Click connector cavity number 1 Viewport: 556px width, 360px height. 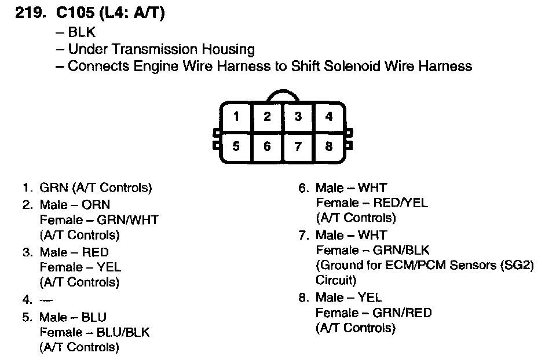(x=236, y=117)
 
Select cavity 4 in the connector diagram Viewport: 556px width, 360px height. (x=329, y=117)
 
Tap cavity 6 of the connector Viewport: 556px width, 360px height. (x=267, y=146)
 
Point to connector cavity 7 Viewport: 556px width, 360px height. (x=298, y=146)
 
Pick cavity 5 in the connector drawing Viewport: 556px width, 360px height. (x=236, y=146)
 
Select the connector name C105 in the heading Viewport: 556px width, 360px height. (x=75, y=14)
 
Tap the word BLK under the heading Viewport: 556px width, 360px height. (x=82, y=33)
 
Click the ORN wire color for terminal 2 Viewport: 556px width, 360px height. (x=96, y=205)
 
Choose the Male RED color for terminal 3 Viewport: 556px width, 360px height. (x=96, y=252)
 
